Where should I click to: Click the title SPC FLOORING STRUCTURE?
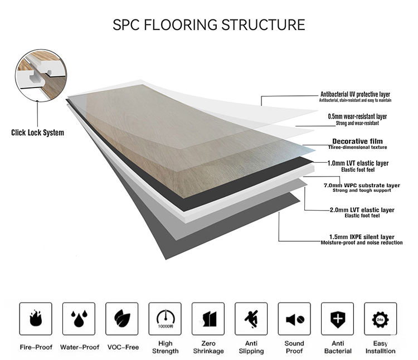coord(208,25)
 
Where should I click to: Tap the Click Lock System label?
coord(37,133)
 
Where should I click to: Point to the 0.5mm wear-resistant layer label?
coord(365,116)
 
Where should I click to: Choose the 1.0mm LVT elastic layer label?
coord(366,163)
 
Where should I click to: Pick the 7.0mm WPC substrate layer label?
coord(362,185)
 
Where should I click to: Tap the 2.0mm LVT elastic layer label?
coord(362,210)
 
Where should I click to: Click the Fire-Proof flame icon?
coord(35,319)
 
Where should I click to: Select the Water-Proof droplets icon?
coord(79,319)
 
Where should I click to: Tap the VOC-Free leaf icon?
coord(121,319)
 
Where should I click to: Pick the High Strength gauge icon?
coord(165,319)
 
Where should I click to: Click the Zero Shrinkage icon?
coord(208,319)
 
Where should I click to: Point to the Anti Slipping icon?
coord(251,319)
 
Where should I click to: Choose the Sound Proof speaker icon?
coord(294,319)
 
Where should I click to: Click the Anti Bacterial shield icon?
coord(338,319)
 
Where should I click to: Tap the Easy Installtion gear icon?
coord(381,319)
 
